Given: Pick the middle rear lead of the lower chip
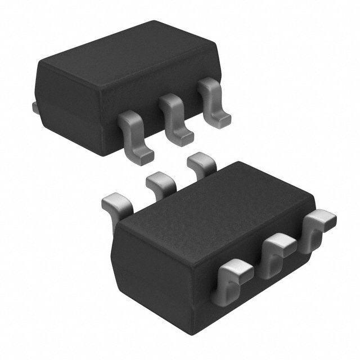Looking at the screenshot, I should [x=160, y=183].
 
